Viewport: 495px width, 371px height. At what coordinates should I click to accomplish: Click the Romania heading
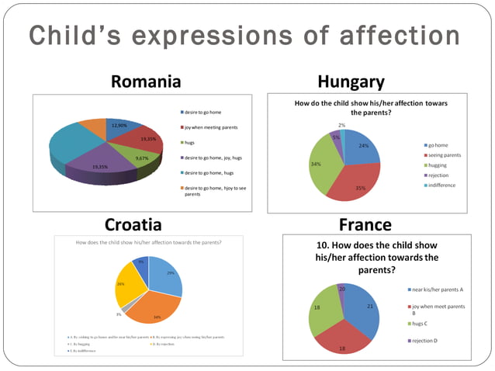pos(146,81)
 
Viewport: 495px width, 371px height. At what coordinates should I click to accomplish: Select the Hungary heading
pos(351,81)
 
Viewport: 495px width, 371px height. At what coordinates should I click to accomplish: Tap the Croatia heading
pos(133,225)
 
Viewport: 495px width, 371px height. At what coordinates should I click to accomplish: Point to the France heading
pos(365,225)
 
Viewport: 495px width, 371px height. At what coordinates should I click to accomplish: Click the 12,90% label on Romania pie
pos(119,125)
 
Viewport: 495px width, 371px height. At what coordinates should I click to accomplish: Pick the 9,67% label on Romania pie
pos(142,158)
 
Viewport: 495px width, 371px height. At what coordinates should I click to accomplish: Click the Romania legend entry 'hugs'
pos(191,143)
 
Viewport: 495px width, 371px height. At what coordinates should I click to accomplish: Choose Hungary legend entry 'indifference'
pos(441,185)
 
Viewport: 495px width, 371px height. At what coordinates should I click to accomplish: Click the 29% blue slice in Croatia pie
pos(164,277)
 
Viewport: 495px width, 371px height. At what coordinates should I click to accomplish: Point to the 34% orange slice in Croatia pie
pos(155,310)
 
